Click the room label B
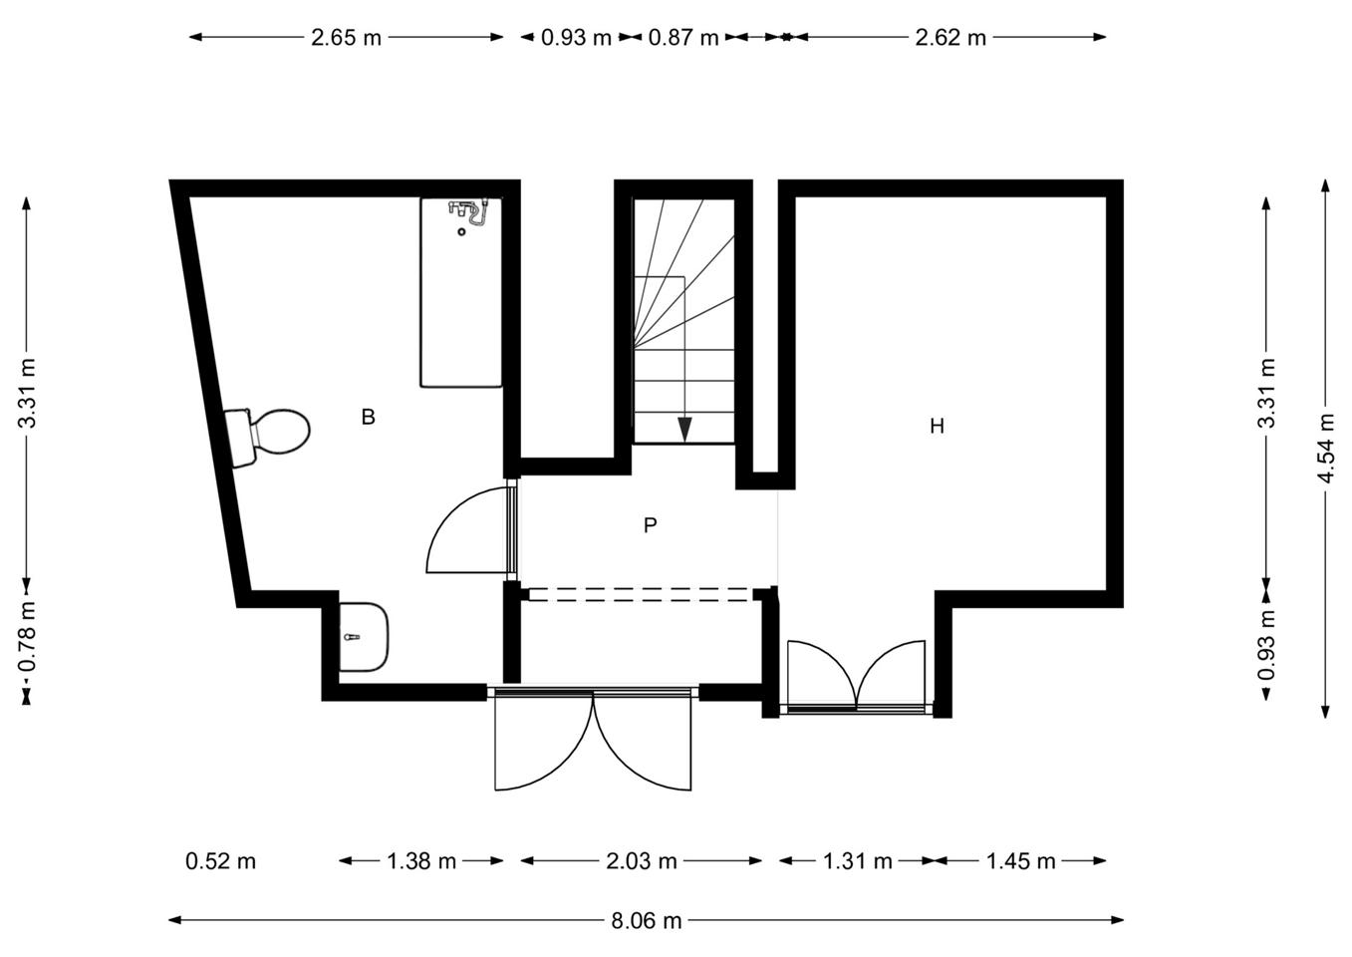[369, 418]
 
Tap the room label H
[937, 427]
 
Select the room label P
[650, 525]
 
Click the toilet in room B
[267, 437]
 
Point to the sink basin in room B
[364, 636]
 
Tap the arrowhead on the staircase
[683, 430]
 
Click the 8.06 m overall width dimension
[646, 920]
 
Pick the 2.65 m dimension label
[347, 38]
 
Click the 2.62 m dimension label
[950, 38]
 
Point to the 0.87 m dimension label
[683, 38]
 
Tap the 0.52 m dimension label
[221, 861]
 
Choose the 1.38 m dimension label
[421, 861]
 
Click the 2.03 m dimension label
[642, 861]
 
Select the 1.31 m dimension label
[858, 861]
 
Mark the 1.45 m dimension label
[1020, 861]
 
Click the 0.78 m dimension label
[27, 637]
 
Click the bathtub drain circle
[461, 232]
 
